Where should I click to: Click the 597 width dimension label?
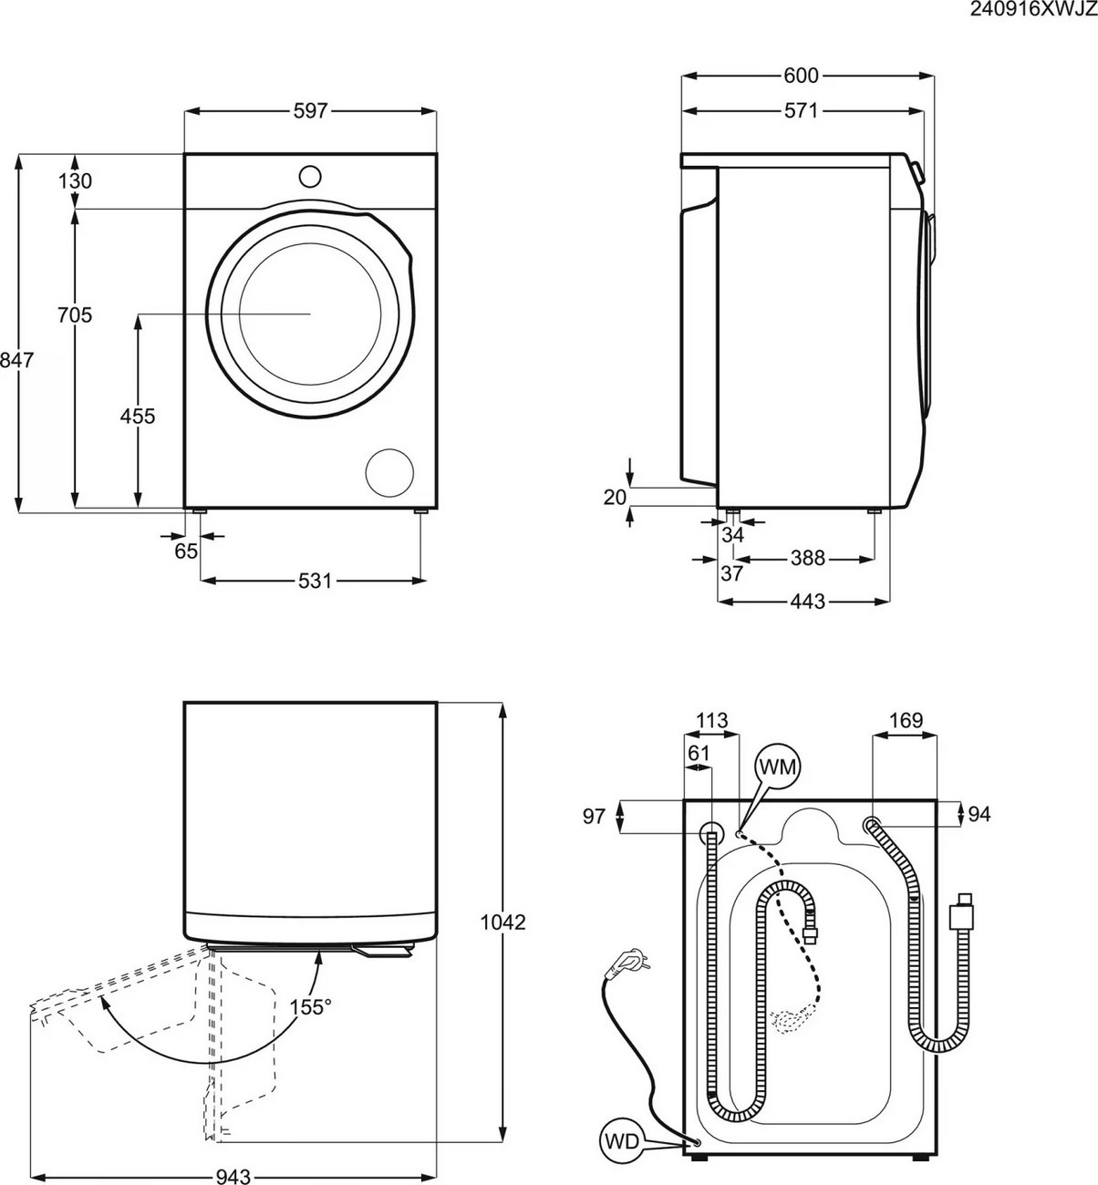pyautogui.click(x=310, y=111)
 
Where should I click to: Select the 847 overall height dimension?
pyautogui.click(x=16, y=361)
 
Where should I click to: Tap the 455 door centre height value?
pyautogui.click(x=138, y=417)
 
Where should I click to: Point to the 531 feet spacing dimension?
pyautogui.click(x=314, y=581)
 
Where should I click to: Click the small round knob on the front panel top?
pyautogui.click(x=310, y=174)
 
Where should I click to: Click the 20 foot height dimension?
pyautogui.click(x=616, y=497)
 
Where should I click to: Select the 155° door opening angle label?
pyautogui.click(x=310, y=1008)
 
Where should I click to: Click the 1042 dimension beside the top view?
pyautogui.click(x=503, y=922)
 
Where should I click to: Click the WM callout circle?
pyautogui.click(x=777, y=768)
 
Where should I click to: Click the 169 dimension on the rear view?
pyautogui.click(x=905, y=721)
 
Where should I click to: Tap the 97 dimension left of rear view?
pyautogui.click(x=594, y=817)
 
